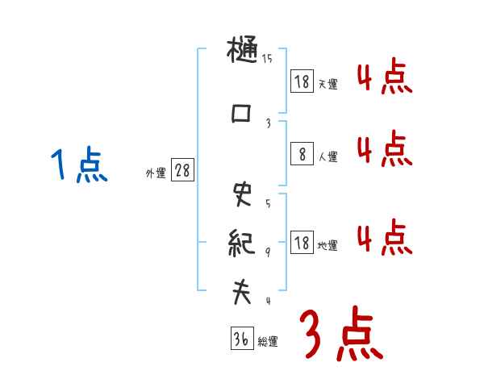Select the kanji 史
point(241,194)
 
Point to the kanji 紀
point(241,241)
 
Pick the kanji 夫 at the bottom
point(241,292)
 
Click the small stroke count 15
point(267,59)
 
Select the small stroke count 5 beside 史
point(267,202)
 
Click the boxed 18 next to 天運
point(302,81)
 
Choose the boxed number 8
point(302,153)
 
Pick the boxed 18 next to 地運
point(302,242)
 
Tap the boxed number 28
point(182,171)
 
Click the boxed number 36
point(241,339)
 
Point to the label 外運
point(156,173)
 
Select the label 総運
point(268,342)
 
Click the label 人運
point(328,156)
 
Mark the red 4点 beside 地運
point(384,239)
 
